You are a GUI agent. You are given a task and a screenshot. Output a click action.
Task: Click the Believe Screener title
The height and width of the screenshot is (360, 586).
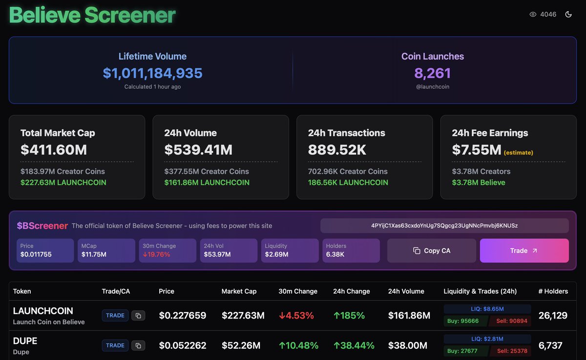point(92,15)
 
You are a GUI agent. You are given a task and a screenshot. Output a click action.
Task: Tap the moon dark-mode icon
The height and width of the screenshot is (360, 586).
point(568,15)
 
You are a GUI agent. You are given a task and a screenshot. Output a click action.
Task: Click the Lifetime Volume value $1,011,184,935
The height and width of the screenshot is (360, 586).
point(152,73)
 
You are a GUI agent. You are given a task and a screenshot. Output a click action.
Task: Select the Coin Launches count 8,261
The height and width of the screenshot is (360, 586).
point(432,73)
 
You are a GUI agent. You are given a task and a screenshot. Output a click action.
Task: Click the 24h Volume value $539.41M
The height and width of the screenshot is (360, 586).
point(198,149)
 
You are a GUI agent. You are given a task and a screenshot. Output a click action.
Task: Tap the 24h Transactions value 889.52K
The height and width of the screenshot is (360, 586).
point(337,149)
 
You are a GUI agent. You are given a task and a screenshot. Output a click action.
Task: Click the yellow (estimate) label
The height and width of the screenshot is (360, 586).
point(518,152)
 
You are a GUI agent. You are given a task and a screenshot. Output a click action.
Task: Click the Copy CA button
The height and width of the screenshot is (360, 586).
point(432,251)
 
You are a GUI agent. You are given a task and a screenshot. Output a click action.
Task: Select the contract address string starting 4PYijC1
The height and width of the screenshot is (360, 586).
point(444,226)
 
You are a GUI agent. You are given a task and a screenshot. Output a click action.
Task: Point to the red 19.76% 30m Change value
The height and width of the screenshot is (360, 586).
point(156,254)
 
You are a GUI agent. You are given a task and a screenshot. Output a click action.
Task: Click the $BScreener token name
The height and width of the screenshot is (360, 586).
point(42,226)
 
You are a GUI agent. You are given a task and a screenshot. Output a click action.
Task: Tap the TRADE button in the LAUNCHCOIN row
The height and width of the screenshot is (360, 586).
point(115,316)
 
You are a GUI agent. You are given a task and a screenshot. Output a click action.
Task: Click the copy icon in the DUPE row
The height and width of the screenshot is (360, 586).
point(138,346)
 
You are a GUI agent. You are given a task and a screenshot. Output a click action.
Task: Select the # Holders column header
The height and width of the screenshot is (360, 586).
point(553,291)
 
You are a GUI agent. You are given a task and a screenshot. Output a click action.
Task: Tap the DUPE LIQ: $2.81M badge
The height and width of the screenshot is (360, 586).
point(487,339)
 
